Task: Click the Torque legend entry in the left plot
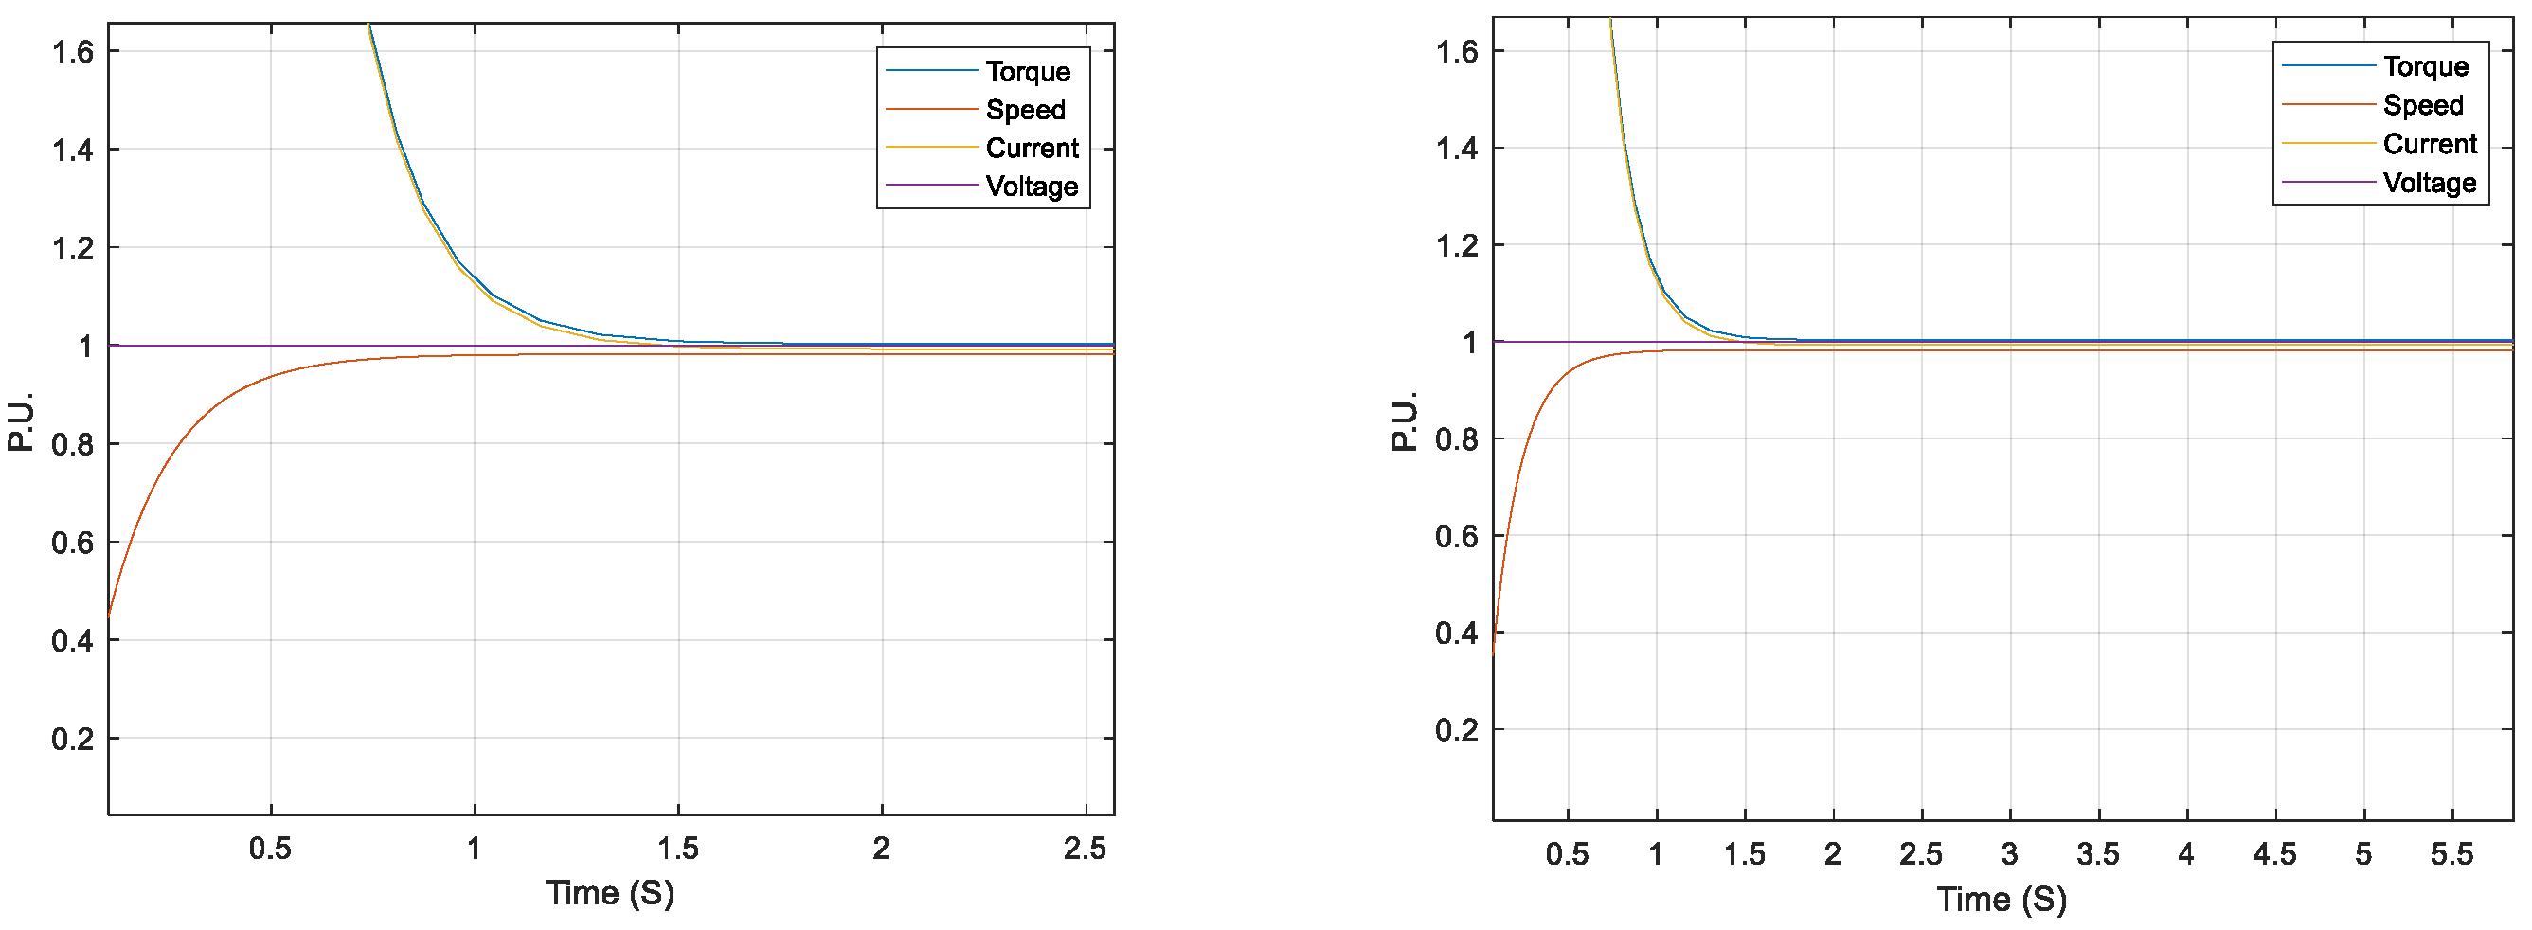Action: (1027, 72)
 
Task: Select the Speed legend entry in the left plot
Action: (1025, 110)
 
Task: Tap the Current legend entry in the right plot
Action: (2429, 145)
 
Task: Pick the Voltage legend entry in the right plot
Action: (2429, 183)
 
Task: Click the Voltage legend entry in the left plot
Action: (1032, 187)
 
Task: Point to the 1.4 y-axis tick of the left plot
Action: (72, 151)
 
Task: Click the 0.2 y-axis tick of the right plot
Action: (1456, 730)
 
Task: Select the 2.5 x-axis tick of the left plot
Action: (1085, 849)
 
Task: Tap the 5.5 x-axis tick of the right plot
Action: (2451, 854)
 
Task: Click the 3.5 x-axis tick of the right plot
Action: (2097, 854)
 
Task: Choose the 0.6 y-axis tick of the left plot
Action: (72, 543)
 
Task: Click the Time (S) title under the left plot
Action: (609, 894)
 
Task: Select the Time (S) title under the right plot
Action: (2002, 900)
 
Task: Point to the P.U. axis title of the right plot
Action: (1405, 421)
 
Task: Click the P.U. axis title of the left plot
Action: (21, 421)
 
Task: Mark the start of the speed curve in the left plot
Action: (109, 615)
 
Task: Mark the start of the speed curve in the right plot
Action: (1493, 653)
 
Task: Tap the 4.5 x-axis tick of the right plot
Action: (2274, 854)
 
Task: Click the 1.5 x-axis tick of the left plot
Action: (678, 849)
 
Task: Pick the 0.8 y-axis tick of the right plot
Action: (1456, 439)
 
